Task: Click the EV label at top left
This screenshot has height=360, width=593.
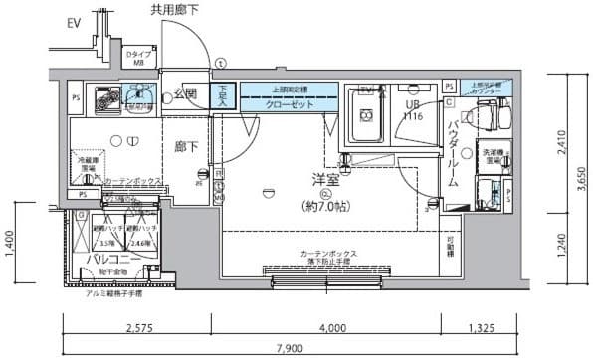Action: (76, 21)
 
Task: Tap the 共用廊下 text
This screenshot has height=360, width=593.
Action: (176, 11)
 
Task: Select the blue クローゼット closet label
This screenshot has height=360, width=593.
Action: (290, 103)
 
